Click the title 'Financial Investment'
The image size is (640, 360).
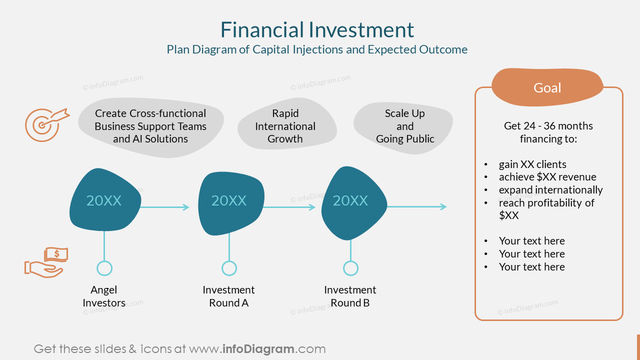[317, 30]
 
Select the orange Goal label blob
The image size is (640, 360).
[547, 87]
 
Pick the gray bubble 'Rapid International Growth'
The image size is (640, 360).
[285, 126]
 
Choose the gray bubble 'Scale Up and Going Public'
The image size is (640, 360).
[404, 126]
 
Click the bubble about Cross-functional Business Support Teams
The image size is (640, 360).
[150, 126]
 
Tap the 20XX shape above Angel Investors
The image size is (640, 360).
[104, 201]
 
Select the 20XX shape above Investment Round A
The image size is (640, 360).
[229, 201]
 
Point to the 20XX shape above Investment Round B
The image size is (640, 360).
[351, 201]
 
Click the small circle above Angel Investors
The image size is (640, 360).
[104, 268]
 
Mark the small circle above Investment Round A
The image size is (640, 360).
[229, 268]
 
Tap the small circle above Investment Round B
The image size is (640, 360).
[350, 268]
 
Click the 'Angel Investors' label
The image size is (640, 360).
[104, 296]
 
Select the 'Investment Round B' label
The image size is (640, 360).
[350, 296]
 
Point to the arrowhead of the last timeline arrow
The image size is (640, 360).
[443, 206]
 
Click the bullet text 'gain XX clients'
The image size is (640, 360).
[532, 164]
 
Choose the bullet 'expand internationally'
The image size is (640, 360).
[550, 190]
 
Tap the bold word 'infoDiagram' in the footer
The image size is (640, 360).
[257, 349]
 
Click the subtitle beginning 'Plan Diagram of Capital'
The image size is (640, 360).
[317, 49]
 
